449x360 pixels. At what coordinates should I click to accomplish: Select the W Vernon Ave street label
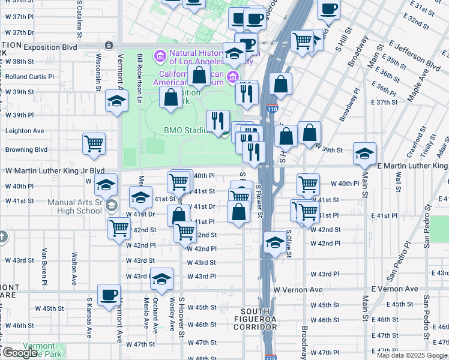[x=298, y=290]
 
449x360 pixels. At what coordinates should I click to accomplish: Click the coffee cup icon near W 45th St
[x=109, y=295]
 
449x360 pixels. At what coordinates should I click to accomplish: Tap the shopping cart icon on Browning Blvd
[x=94, y=143]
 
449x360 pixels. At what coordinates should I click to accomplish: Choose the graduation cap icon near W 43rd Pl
[x=161, y=279]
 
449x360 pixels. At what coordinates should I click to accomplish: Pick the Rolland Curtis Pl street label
[x=30, y=77]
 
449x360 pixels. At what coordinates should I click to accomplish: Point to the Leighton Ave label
[x=25, y=131]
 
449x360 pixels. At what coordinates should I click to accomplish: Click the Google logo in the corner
[x=20, y=353]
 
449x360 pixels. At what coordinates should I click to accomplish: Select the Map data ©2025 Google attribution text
[x=412, y=355]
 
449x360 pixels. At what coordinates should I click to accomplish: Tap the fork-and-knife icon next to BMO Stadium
[x=218, y=120]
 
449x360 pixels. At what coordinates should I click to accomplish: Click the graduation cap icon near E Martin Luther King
[x=364, y=154]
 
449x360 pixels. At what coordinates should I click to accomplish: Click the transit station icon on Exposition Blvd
[x=109, y=45]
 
